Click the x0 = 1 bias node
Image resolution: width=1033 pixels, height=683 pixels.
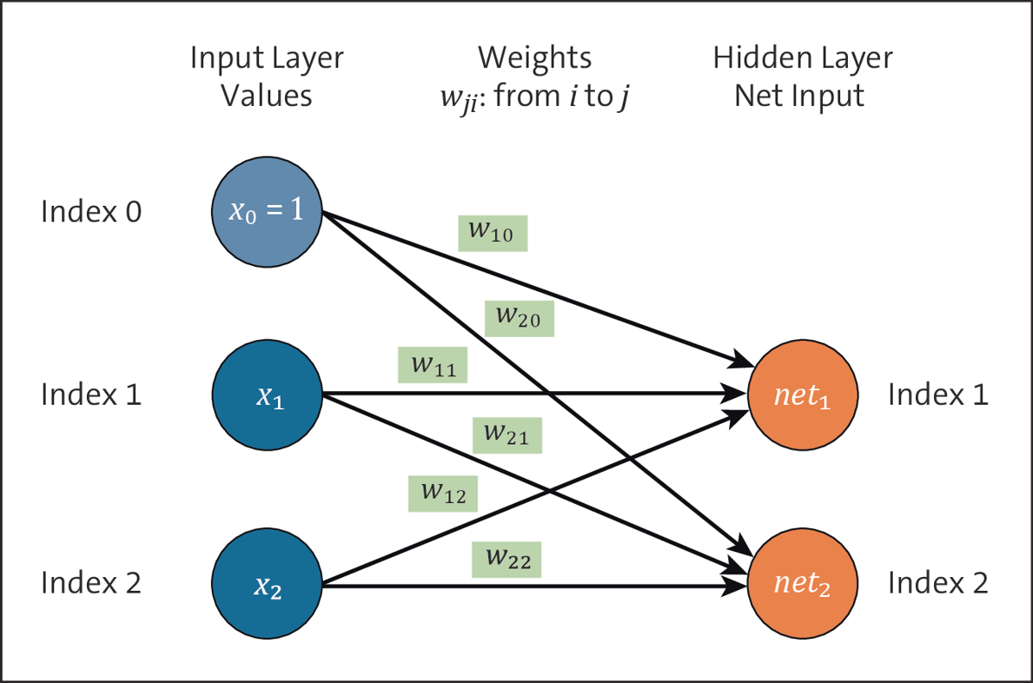coord(266,211)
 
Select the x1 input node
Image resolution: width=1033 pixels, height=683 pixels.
coord(266,395)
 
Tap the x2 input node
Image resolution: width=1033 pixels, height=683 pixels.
coord(266,586)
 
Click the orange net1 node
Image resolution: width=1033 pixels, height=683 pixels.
coord(802,395)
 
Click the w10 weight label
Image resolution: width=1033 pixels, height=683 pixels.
coord(492,233)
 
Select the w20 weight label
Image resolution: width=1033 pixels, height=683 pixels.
coord(519,318)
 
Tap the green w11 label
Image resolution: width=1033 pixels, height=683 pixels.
coord(432,364)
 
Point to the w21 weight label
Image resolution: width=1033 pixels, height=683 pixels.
coord(507,434)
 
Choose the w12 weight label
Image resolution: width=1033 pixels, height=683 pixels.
coord(442,493)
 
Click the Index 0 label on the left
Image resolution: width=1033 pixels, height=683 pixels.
coord(91,212)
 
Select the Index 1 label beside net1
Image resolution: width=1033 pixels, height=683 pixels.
coord(937,395)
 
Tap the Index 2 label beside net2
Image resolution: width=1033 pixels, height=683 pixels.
coord(937,584)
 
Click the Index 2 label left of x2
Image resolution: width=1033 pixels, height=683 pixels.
coord(91,584)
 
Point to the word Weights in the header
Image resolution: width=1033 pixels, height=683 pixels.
coord(535,59)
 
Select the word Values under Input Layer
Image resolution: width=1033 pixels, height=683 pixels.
coord(266,95)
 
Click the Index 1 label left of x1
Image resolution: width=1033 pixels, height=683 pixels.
coord(91,395)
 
